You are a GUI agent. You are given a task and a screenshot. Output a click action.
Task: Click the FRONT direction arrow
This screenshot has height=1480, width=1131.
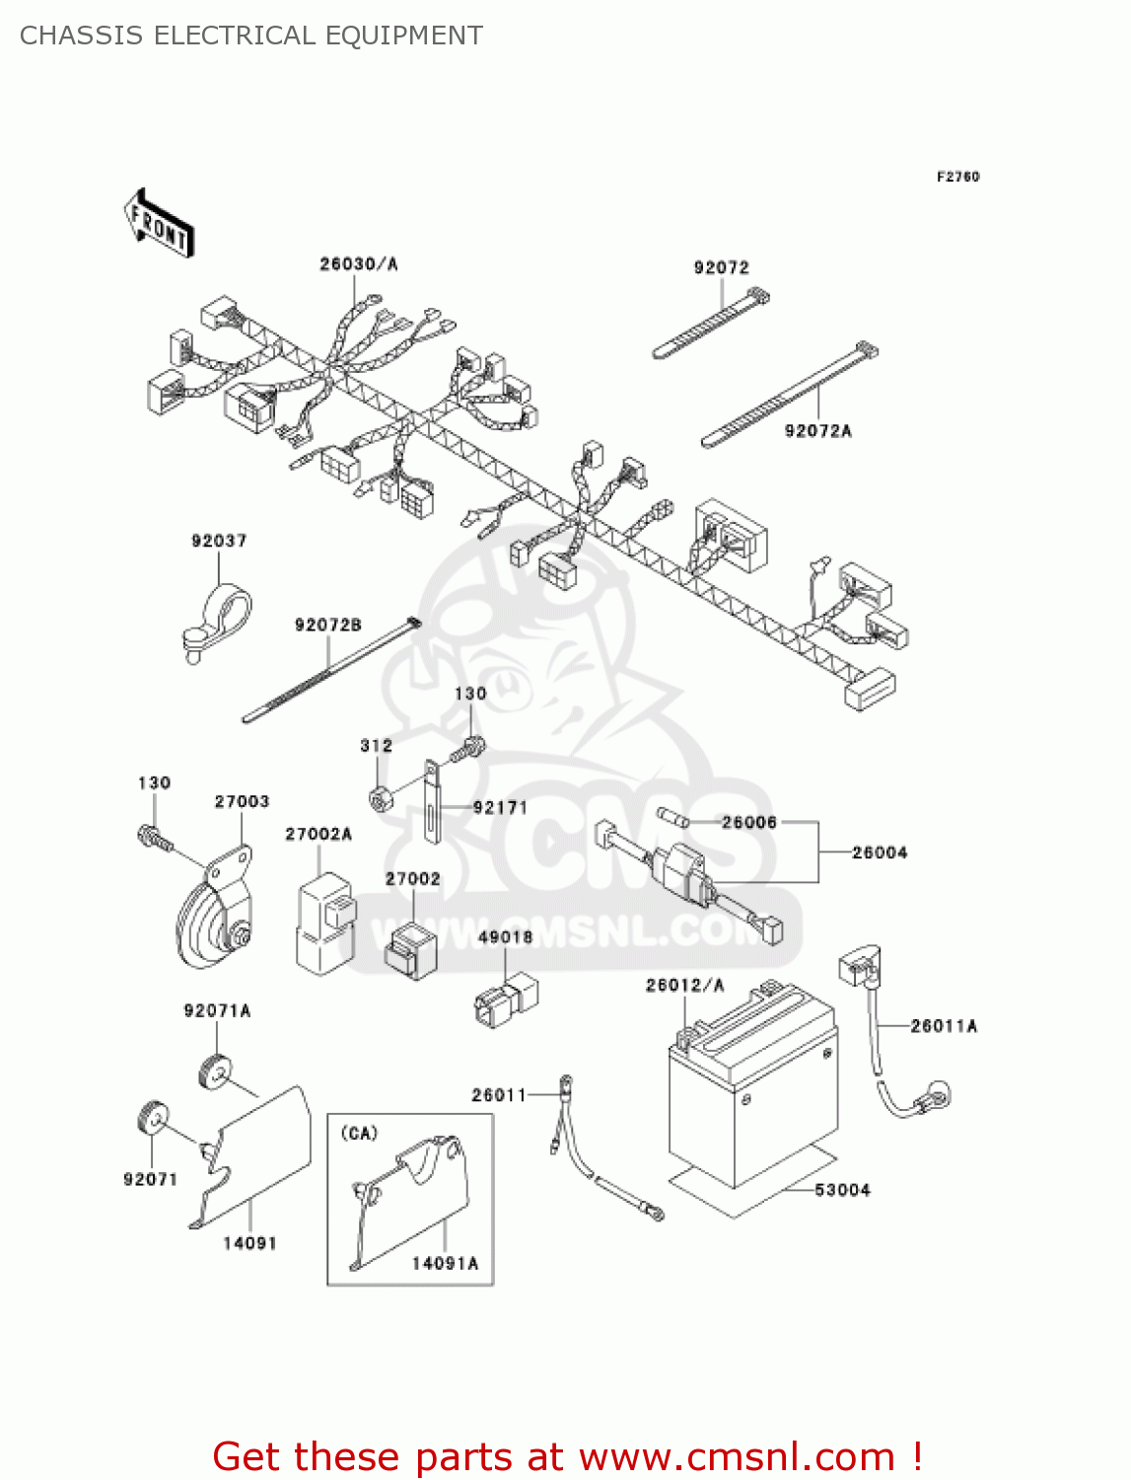click(158, 224)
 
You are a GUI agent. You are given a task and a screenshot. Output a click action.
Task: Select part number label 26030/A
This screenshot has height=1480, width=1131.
click(358, 263)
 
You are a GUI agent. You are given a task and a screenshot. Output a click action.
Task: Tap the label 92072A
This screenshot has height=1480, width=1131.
click(817, 430)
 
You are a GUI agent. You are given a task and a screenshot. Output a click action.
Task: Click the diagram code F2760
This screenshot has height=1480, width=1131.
click(957, 177)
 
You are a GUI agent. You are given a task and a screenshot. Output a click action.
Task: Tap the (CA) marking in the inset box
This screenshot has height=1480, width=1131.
click(359, 1133)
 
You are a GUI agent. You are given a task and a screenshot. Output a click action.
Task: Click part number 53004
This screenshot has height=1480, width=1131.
click(842, 1190)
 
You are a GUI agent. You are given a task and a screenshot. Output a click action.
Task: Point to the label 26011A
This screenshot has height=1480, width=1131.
click(944, 1026)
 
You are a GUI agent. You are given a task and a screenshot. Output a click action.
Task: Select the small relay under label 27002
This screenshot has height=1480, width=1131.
click(408, 949)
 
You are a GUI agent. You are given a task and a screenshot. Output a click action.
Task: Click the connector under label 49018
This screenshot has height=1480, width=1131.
click(505, 999)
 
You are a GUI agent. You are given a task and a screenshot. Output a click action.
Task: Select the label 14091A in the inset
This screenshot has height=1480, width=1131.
click(445, 1263)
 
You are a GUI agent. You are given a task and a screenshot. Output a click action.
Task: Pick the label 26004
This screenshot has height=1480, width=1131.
click(880, 852)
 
